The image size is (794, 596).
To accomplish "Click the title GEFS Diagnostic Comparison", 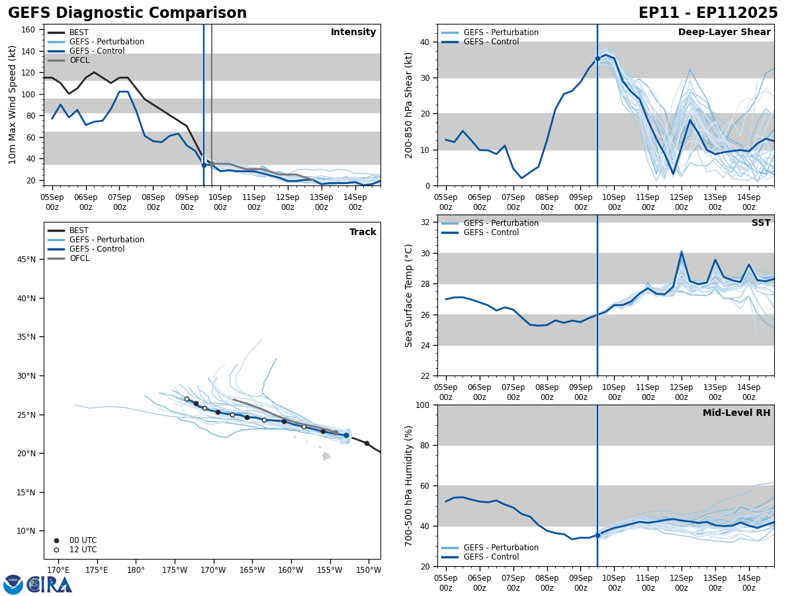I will (127, 13).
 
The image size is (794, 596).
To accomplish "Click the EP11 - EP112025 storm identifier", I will (708, 13).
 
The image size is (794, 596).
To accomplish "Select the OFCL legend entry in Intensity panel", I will (79, 60).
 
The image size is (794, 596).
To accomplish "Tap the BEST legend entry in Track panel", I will (79, 230).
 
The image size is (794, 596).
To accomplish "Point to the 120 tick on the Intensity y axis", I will (29, 73).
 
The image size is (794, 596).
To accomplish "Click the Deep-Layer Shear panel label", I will (724, 32).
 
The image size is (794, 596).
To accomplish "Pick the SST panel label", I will (761, 223).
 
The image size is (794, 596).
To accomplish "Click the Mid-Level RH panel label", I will (736, 413).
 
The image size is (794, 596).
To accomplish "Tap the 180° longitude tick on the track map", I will (136, 570).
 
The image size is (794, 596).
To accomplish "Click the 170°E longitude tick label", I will (58, 570).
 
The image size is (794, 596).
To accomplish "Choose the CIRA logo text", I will (50, 584).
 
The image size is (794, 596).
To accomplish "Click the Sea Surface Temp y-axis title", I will (409, 295).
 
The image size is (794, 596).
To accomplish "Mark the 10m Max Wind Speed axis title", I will (13, 105).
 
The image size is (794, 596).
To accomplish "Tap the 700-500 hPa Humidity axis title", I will (409, 485).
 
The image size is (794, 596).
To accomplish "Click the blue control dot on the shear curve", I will (597, 58).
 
